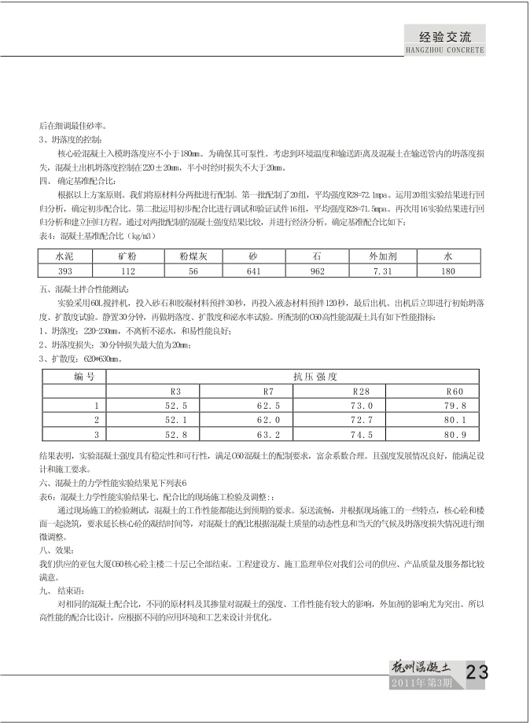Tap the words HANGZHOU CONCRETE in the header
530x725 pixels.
[x=444, y=49]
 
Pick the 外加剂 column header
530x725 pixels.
[x=383, y=256]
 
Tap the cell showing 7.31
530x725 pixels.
[x=383, y=270]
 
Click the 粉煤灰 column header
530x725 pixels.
[x=193, y=256]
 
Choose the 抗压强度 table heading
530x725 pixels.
[x=315, y=376]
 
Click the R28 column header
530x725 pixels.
[x=362, y=391]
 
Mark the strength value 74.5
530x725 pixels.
[x=362, y=434]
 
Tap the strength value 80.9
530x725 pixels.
[x=455, y=434]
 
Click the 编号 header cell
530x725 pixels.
[x=84, y=376]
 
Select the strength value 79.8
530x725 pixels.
[x=455, y=406]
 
